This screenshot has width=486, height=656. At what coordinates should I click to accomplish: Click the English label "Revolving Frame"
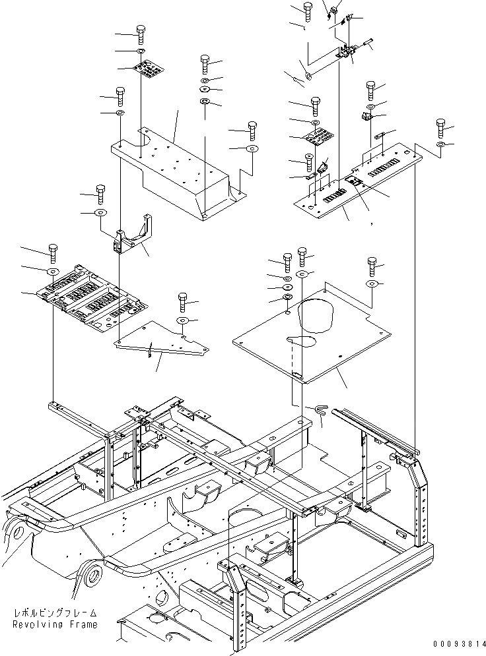[55, 624]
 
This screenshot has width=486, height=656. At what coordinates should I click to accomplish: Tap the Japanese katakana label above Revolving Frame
[55, 612]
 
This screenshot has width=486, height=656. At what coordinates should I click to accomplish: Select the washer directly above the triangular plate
[182, 320]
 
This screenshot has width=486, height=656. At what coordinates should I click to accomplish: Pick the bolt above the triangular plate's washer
[182, 303]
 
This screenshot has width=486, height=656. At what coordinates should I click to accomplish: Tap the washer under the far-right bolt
[441, 144]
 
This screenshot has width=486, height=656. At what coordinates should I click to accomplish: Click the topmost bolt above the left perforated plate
[141, 32]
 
